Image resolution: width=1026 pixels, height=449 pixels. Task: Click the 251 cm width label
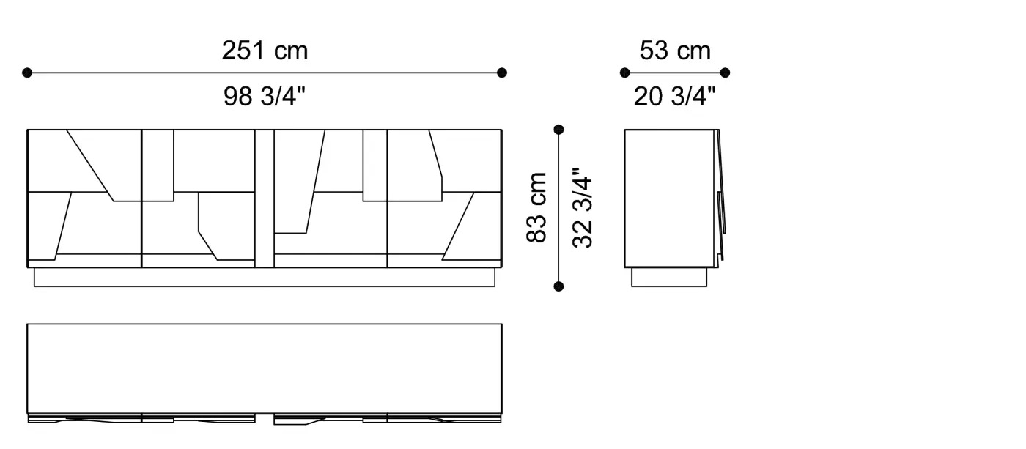click(x=265, y=51)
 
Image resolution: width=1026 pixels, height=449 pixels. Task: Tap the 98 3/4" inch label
click(x=265, y=96)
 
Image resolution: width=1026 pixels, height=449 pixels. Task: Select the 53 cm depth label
click(x=675, y=51)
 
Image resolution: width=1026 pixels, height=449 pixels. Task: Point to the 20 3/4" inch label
click(x=674, y=96)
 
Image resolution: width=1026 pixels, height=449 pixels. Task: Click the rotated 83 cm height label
click(x=536, y=207)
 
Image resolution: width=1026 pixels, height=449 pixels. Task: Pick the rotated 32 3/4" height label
click(x=583, y=207)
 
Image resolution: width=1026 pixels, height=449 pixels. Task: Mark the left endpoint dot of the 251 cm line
click(x=27, y=73)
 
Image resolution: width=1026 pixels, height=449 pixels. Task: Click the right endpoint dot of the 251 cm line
click(x=502, y=73)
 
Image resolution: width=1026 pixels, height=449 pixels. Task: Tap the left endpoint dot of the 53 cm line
click(x=624, y=73)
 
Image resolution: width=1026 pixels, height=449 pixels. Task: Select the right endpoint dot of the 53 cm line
click(x=725, y=73)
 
